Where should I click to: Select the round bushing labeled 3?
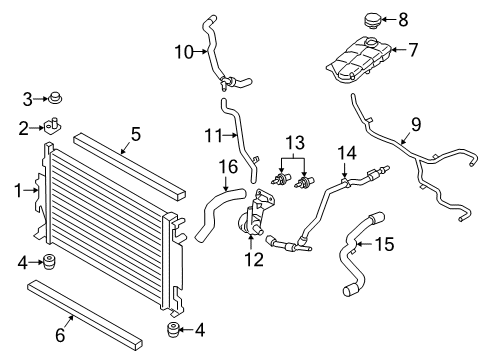click(x=56, y=98)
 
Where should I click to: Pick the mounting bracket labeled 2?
click(x=52, y=126)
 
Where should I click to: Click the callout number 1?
click(x=16, y=188)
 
